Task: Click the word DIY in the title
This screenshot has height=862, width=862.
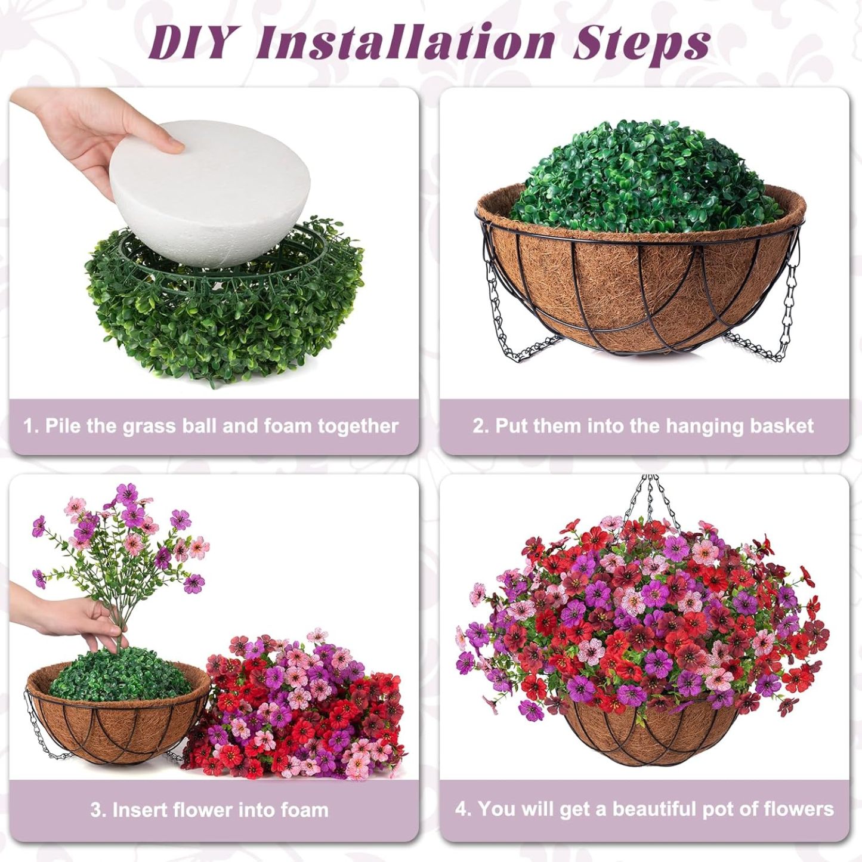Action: (190, 42)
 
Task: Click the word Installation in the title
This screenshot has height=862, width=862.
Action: (405, 42)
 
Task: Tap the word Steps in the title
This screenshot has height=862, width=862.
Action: (641, 42)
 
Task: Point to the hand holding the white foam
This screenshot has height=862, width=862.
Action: (89, 131)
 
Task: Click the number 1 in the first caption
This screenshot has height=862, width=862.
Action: (29, 426)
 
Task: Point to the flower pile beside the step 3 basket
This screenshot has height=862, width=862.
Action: (298, 710)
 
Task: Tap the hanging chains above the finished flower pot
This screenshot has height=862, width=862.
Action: (650, 501)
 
